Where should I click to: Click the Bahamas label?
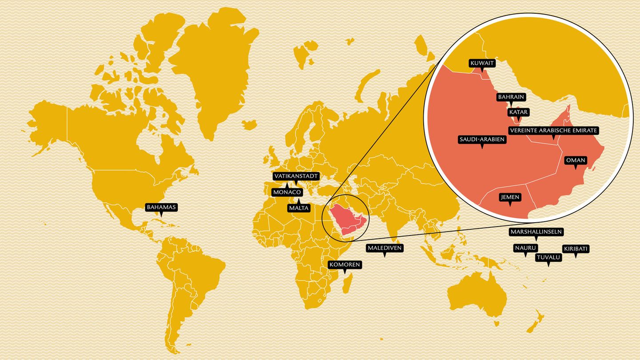click(x=162, y=207)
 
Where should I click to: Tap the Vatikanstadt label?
click(x=296, y=176)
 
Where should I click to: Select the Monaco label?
click(x=288, y=192)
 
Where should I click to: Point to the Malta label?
click(x=299, y=208)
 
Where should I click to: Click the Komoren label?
click(x=344, y=265)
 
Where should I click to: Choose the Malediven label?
click(x=384, y=248)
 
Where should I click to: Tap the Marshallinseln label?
click(x=536, y=232)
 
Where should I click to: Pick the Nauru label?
click(x=525, y=248)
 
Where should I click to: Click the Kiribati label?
click(x=576, y=249)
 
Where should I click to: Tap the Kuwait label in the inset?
click(x=482, y=64)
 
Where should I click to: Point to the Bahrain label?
click(x=511, y=97)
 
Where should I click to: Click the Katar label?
click(x=518, y=112)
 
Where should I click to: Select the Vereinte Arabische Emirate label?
click(x=553, y=131)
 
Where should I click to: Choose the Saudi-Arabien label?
click(x=482, y=140)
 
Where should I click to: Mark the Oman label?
click(x=576, y=160)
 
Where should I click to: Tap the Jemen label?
click(x=509, y=197)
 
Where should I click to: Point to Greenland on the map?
click(x=213, y=67)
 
